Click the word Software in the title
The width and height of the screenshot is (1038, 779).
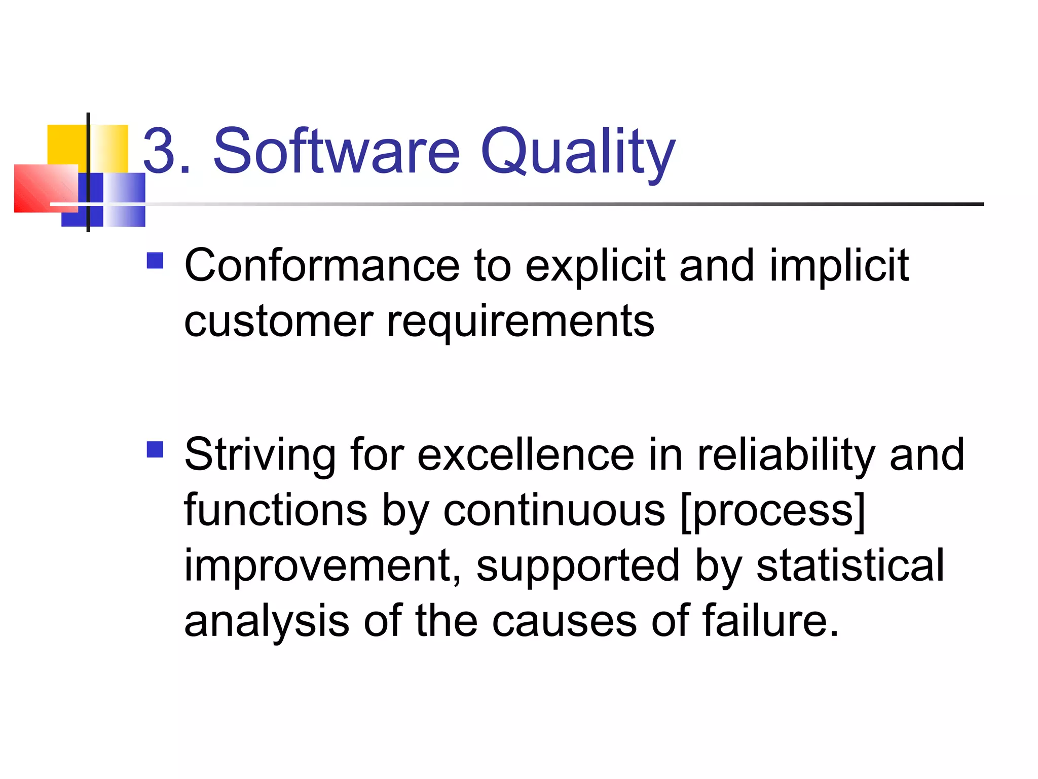click(x=337, y=151)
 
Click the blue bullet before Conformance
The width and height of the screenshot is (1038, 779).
click(x=155, y=261)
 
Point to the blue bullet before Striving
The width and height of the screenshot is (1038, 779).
click(x=155, y=449)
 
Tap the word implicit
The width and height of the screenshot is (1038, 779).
click(x=839, y=266)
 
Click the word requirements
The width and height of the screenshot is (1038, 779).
click(x=521, y=323)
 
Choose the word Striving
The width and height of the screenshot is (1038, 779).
click(x=259, y=455)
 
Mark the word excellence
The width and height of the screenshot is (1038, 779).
click(x=526, y=454)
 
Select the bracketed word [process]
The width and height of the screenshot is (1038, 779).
click(x=773, y=511)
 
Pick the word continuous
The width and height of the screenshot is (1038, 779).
click(x=554, y=510)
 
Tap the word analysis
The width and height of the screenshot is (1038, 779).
click(x=267, y=621)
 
